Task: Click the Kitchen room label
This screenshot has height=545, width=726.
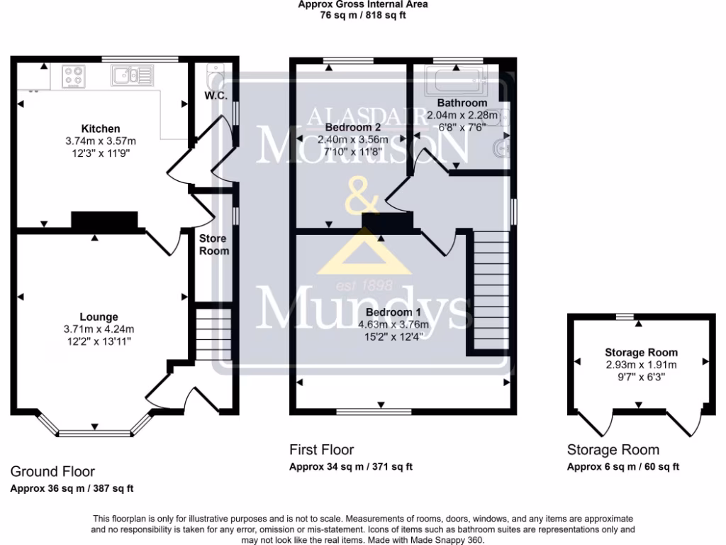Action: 100,128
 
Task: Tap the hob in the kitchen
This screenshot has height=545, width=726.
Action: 73,76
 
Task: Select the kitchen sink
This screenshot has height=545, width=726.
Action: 131,75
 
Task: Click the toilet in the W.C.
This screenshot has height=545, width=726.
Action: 213,75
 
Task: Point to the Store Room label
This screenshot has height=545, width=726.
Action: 213,245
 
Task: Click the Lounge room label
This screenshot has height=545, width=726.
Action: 99,316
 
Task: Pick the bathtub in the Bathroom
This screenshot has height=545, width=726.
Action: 454,82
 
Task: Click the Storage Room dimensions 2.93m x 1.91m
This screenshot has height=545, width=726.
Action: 641,365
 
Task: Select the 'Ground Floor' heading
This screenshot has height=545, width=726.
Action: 52,471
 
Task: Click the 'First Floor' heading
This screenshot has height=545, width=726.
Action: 321,450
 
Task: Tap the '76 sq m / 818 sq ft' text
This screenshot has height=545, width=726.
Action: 363,15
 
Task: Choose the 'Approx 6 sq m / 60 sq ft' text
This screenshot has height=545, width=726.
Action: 623,466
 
